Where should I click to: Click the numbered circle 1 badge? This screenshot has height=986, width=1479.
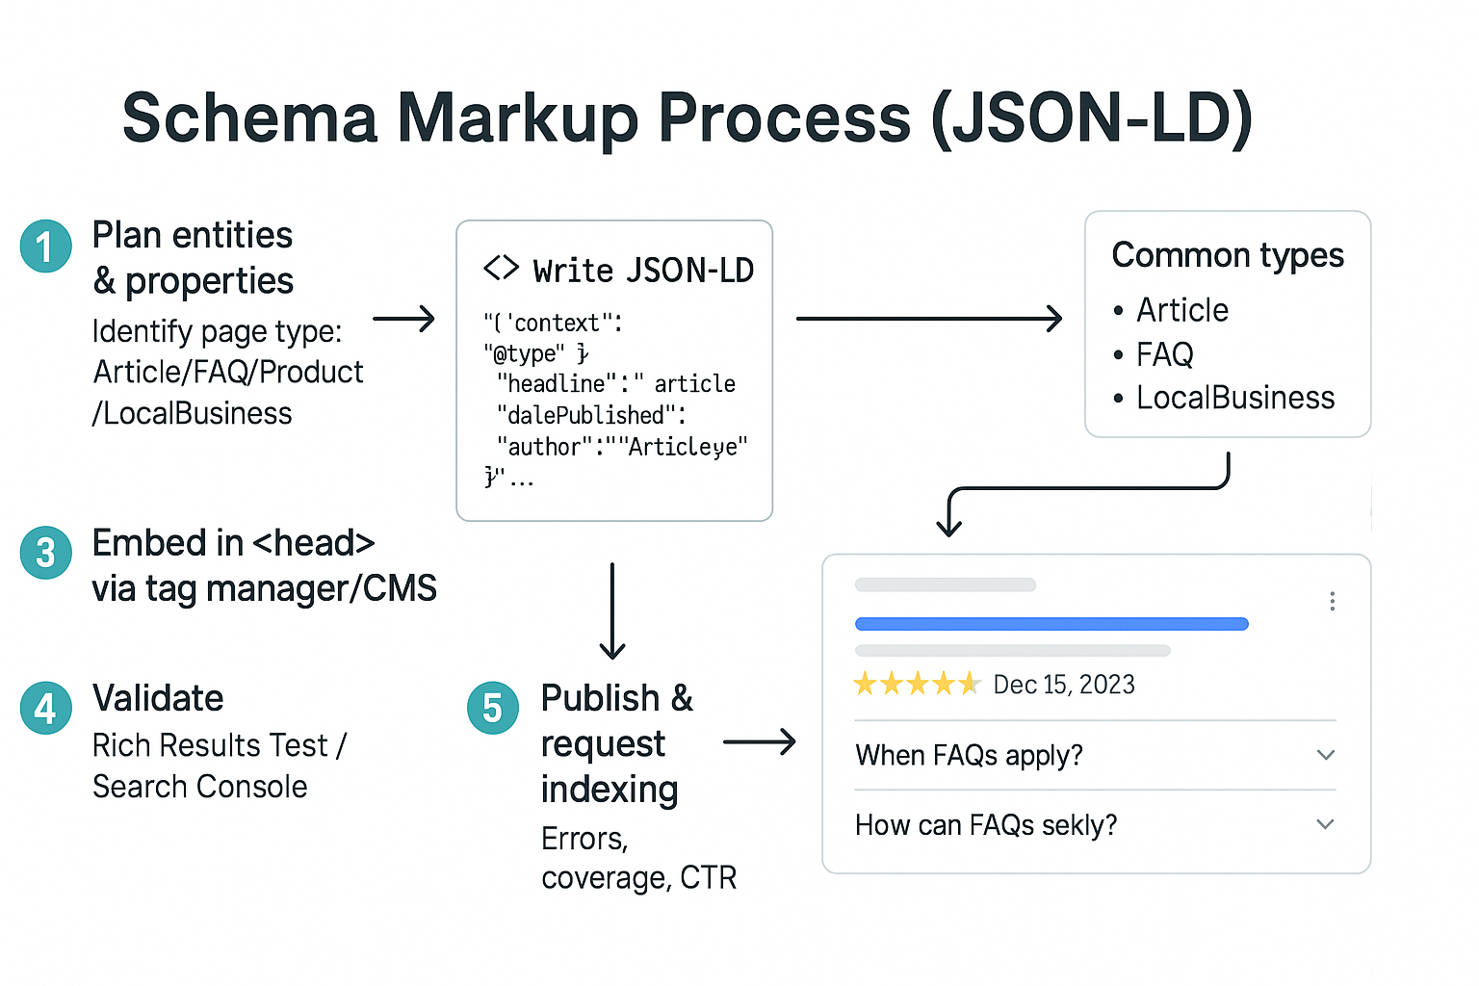45,246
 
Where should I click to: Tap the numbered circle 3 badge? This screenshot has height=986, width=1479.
45,553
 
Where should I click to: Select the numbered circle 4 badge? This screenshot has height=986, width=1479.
45,708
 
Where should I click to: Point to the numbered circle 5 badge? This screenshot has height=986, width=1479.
492,708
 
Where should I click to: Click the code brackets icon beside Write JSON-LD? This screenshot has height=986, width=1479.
501,269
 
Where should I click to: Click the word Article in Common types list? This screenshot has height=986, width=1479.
1181,310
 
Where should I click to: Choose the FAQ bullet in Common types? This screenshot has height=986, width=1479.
1164,354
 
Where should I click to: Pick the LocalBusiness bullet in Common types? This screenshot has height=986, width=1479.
1234,398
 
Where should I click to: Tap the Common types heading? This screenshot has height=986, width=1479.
1227,255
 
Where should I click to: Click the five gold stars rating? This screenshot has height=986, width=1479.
917,685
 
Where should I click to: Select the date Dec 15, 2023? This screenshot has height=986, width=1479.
1063,685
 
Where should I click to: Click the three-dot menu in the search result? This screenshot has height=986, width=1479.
1332,602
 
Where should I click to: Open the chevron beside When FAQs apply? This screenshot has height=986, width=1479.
1326,755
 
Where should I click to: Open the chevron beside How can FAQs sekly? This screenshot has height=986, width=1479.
1326,824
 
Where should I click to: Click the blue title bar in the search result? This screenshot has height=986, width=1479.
1051,624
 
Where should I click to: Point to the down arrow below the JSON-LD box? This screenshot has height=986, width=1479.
612,611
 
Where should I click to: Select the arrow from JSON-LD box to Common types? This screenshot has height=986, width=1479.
928,318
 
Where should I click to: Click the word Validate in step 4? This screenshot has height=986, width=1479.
158,698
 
